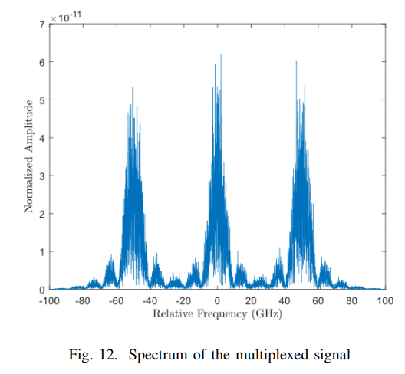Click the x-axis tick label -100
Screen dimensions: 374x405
tap(49, 301)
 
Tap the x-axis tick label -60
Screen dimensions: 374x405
tap(117, 301)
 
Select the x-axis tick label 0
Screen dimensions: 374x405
tap(218, 301)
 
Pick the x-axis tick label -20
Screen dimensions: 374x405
tap(183, 301)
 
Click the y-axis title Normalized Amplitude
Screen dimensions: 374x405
tap(28, 156)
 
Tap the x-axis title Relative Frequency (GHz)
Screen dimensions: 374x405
tap(216, 314)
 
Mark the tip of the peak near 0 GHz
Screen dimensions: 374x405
tap(221, 54)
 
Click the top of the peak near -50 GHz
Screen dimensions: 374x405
tap(133, 87)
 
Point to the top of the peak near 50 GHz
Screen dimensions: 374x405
tap(296, 61)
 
